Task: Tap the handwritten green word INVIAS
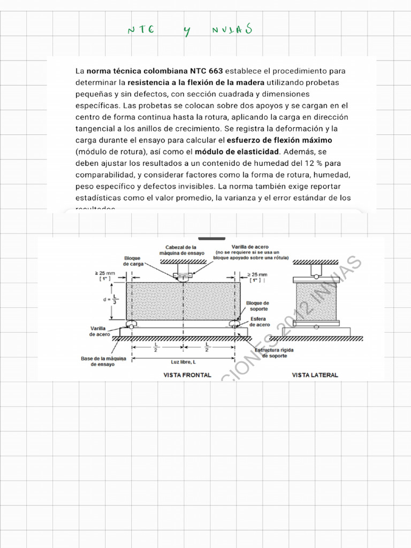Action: coord(231,30)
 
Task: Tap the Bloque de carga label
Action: coord(132,261)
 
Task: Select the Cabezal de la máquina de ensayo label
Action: coord(181,250)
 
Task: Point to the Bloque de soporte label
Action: coord(257,306)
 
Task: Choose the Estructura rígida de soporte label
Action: coord(273,353)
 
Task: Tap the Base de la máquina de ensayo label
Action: coord(104,361)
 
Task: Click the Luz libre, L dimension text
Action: coord(183,362)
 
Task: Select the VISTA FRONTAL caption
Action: coord(187,375)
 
